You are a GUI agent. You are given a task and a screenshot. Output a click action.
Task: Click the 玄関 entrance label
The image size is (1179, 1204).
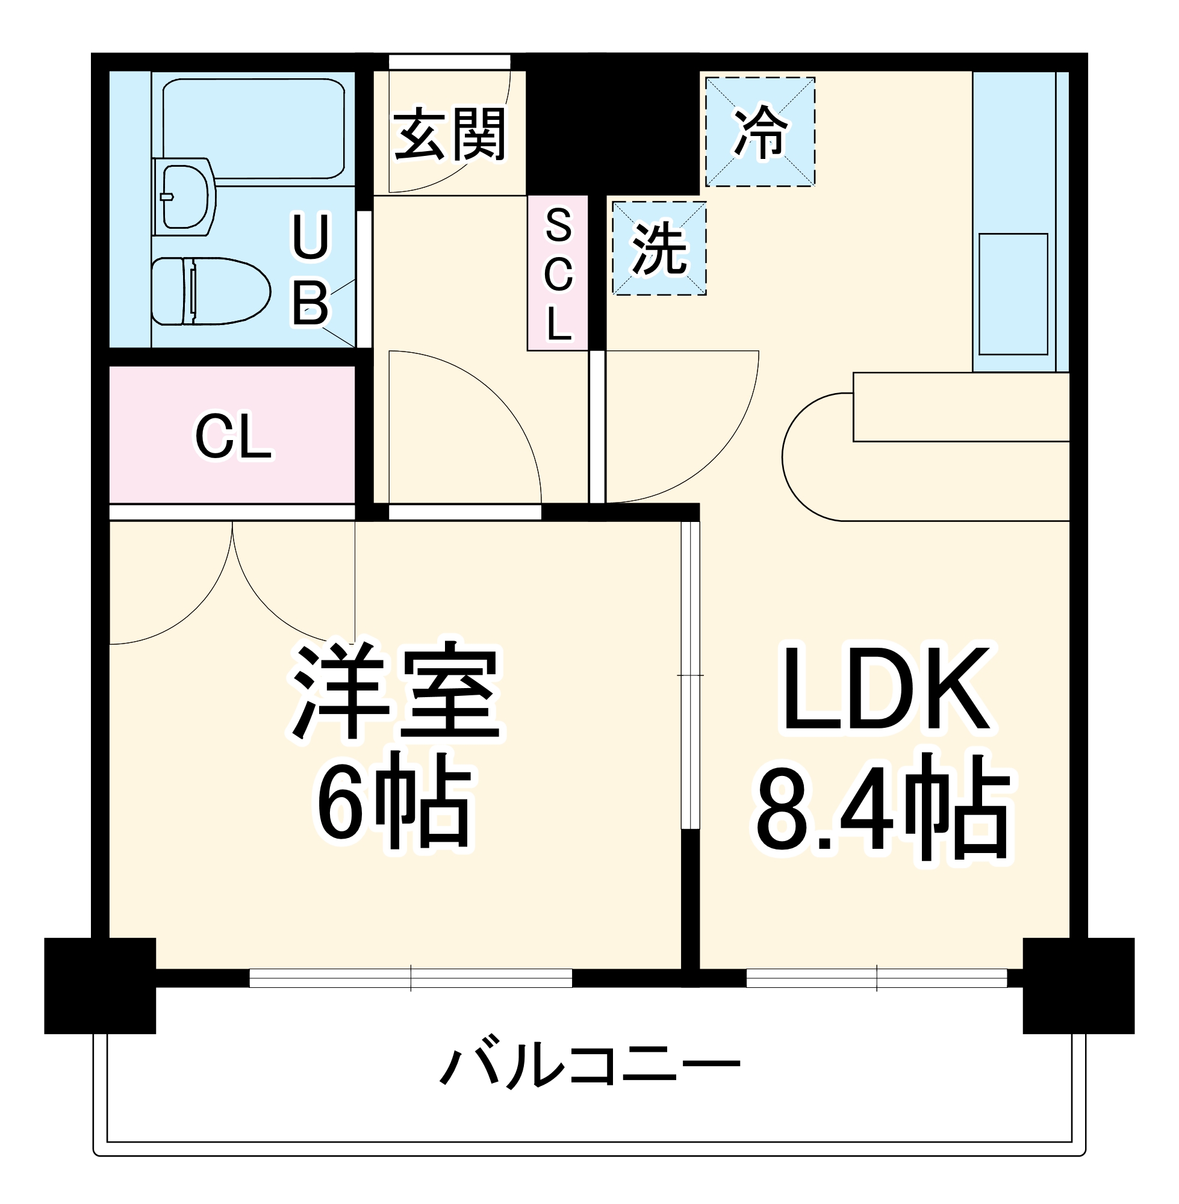click(x=450, y=134)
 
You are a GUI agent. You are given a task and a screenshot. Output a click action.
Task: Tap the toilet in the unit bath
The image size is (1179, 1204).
click(x=211, y=291)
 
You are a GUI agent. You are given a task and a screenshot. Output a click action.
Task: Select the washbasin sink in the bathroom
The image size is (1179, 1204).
click(x=184, y=197)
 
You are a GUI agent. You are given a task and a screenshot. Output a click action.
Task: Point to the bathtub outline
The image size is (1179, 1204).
click(x=254, y=127)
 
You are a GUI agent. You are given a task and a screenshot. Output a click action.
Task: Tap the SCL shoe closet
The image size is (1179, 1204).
click(x=558, y=273)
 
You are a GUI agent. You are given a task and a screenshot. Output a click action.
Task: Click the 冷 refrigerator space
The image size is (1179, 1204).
click(x=760, y=132)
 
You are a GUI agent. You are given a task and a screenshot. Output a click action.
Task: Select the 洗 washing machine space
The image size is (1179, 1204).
click(x=659, y=248)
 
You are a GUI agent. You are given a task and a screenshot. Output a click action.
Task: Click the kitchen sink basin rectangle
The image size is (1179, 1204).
click(x=1013, y=294)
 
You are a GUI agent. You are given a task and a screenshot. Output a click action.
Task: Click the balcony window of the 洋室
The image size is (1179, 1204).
click(x=411, y=978)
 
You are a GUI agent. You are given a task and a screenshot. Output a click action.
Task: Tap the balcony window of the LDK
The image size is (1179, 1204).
click(x=877, y=978)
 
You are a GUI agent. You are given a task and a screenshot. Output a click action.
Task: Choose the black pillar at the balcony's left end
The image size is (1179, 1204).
click(x=100, y=985)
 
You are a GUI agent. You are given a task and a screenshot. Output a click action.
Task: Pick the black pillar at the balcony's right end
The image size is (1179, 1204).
click(x=1078, y=985)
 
